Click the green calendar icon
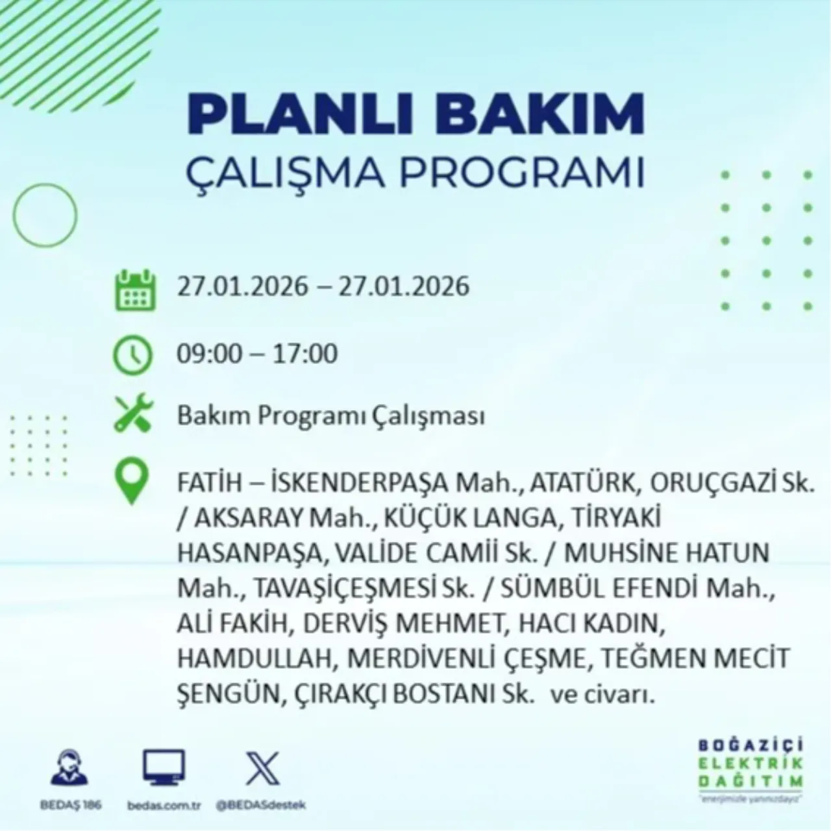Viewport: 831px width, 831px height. (135, 290)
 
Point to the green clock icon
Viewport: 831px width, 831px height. (133, 355)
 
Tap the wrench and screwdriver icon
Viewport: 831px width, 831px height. (133, 415)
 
